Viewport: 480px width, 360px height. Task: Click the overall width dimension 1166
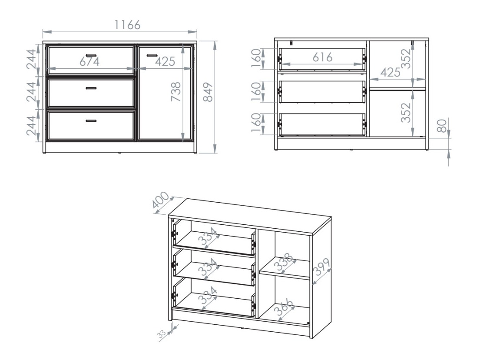(x=127, y=25)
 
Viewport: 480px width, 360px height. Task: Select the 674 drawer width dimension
(x=89, y=62)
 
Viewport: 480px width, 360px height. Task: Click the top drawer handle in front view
(x=91, y=55)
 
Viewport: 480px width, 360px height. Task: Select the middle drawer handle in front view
(x=91, y=88)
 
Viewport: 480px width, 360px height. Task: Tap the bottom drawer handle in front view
(x=91, y=121)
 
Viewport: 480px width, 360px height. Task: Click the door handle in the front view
(x=152, y=55)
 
